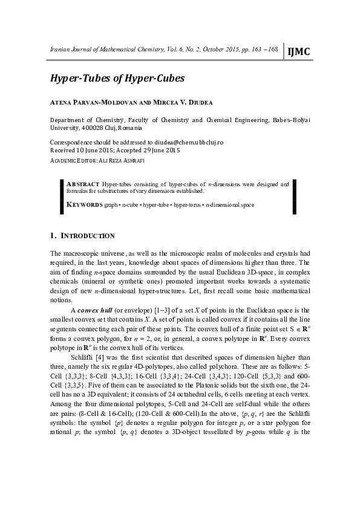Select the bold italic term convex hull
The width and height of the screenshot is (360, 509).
tap(97, 310)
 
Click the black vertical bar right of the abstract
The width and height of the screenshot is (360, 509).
tap(294, 196)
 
